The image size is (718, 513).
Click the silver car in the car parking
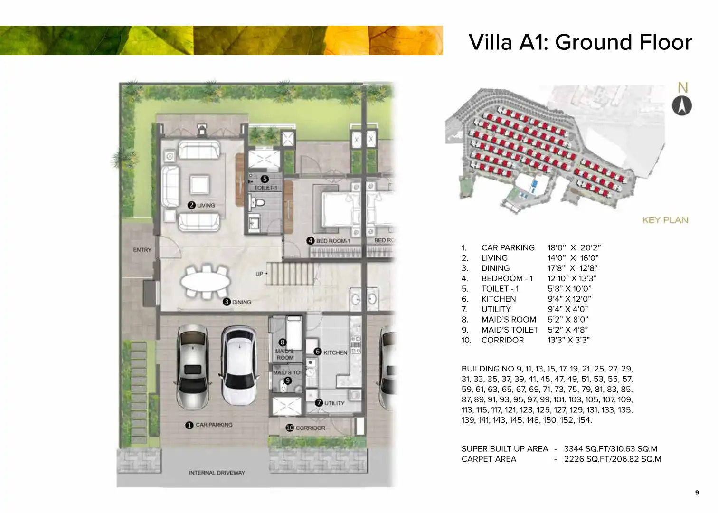tap(192, 367)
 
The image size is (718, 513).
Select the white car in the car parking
tap(239, 366)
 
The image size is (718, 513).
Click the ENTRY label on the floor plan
tap(142, 250)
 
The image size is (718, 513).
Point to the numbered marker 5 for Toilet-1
tap(265, 179)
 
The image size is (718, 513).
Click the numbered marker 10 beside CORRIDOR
tap(290, 427)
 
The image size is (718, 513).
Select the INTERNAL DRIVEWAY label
tap(217, 473)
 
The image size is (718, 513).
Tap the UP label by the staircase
tap(259, 274)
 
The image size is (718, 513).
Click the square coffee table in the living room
tap(199, 185)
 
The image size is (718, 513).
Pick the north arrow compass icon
tap(682, 105)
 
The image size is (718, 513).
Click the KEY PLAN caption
tap(665, 220)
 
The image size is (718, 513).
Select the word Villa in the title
tap(491, 42)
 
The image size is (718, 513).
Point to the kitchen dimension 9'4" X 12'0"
tap(569, 299)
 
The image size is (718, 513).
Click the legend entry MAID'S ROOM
tap(509, 319)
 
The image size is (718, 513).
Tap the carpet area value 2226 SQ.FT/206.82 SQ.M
tap(613, 459)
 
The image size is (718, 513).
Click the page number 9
tap(697, 493)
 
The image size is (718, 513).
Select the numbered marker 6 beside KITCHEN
tap(317, 351)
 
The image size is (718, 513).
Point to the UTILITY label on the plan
tap(334, 403)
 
